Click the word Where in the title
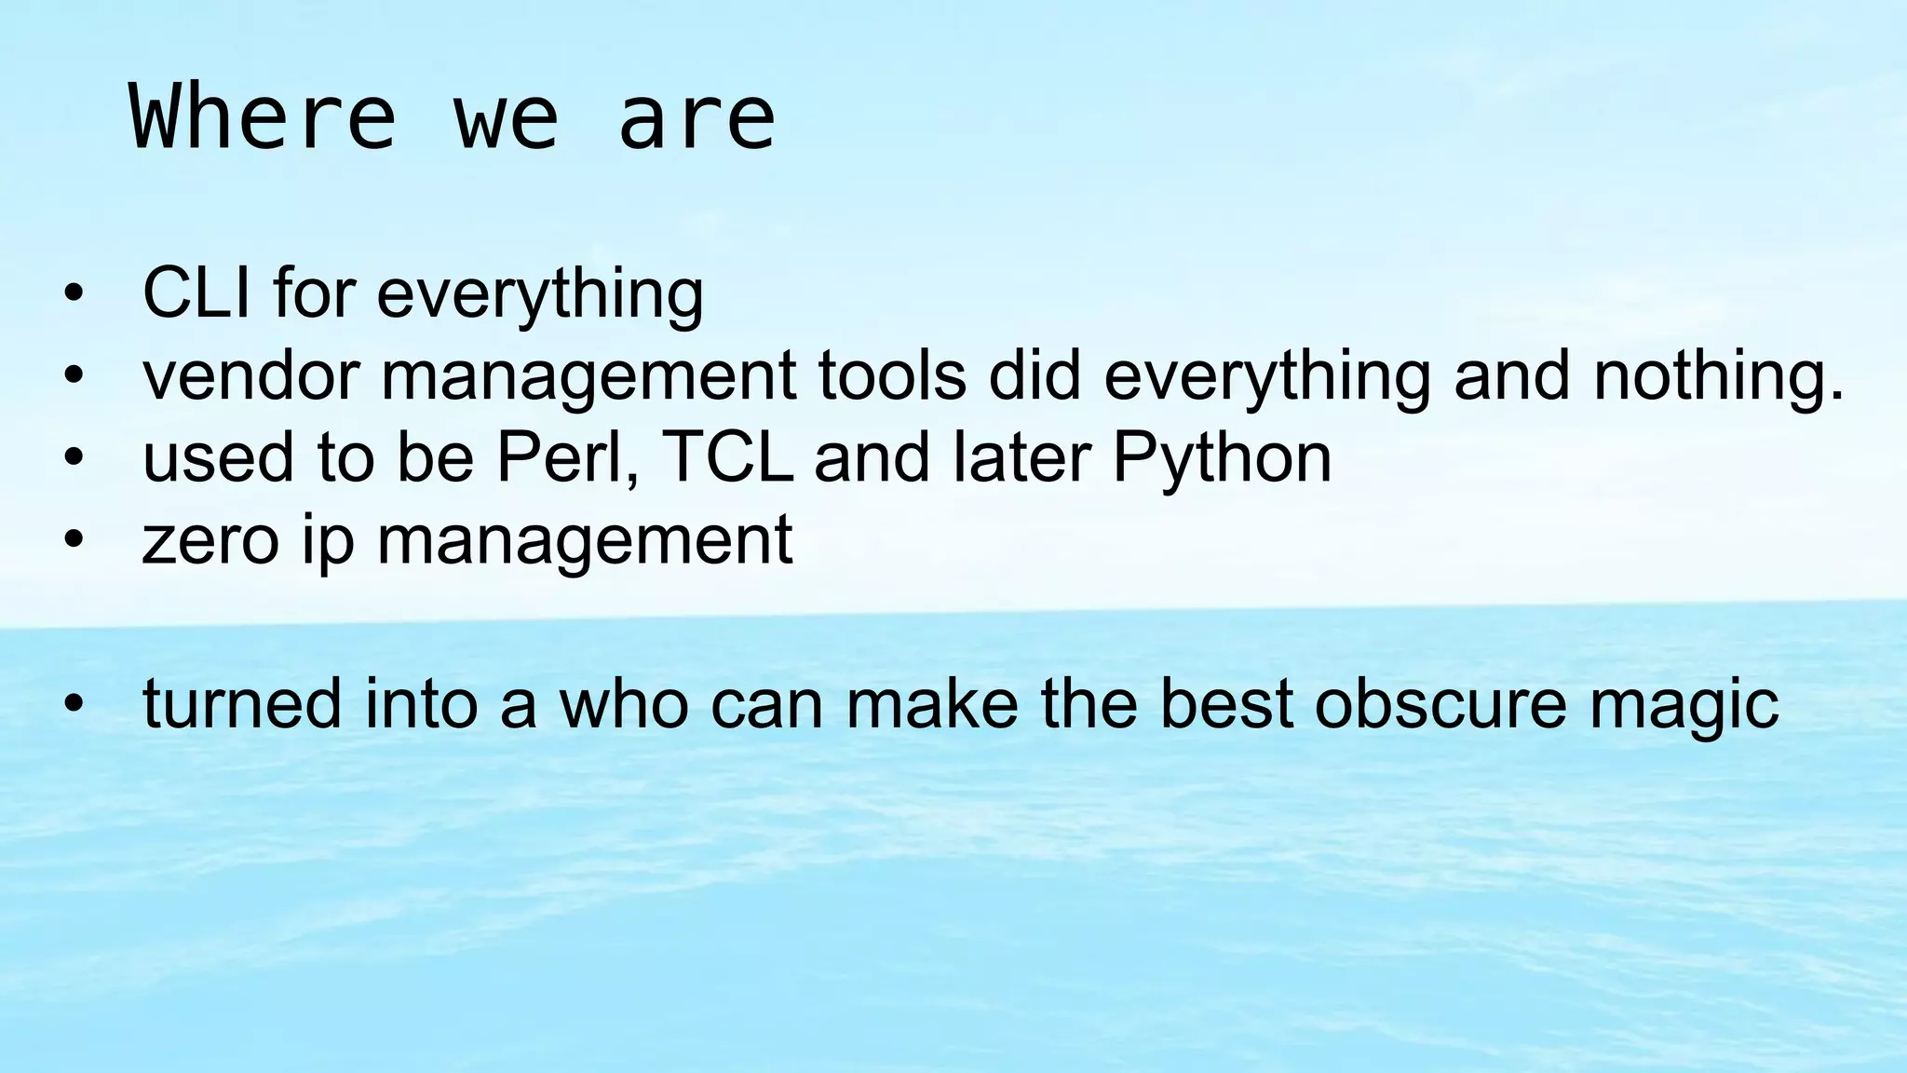(x=263, y=117)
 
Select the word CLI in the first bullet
(x=196, y=292)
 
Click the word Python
(x=1222, y=459)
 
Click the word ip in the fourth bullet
(x=328, y=542)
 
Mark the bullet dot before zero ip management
(x=74, y=540)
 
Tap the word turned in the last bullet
(x=242, y=704)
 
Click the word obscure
(x=1440, y=704)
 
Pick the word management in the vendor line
(x=588, y=377)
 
